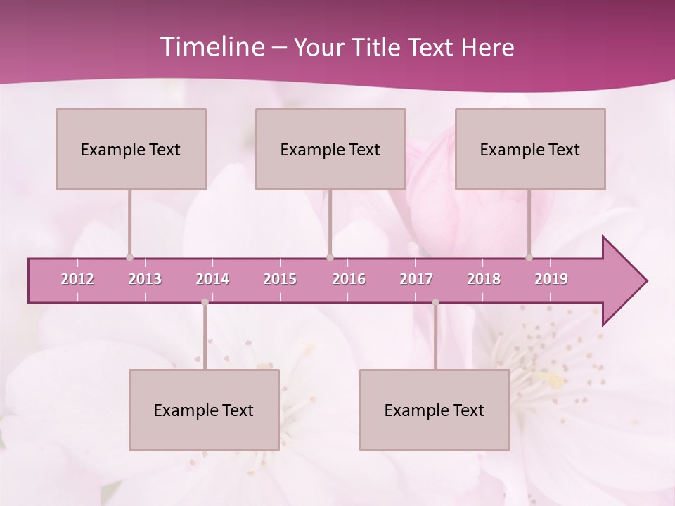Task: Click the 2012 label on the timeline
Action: point(77,279)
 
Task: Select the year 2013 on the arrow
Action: point(145,279)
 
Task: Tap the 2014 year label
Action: point(212,279)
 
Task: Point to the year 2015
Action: point(280,279)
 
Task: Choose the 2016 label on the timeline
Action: point(349,279)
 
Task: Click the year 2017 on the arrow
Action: point(416,279)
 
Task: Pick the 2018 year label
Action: point(484,279)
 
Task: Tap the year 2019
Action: point(551,279)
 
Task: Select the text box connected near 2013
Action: point(131,149)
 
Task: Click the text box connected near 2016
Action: point(330,149)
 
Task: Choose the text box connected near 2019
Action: point(530,149)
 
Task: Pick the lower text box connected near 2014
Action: point(204,410)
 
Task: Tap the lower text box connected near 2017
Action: point(435,410)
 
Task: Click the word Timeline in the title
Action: point(211,47)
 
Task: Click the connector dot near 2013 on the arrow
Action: point(129,257)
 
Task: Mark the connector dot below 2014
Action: point(205,302)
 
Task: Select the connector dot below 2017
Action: point(435,302)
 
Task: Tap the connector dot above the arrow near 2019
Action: point(529,257)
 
